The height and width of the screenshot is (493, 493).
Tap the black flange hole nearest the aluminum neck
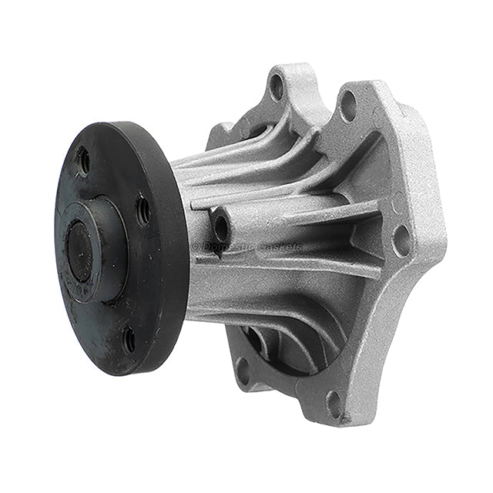[143, 210]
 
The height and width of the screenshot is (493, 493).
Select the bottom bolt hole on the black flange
[129, 338]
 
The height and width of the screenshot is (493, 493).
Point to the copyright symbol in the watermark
[196, 247]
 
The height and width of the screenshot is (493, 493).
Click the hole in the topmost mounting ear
[277, 86]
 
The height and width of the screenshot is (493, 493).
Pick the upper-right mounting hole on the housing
[347, 106]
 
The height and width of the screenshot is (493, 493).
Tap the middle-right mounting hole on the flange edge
[401, 239]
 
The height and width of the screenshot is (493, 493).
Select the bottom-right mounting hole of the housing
[334, 403]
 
